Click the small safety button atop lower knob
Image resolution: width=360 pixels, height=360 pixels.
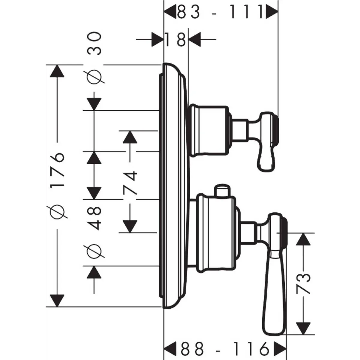221,191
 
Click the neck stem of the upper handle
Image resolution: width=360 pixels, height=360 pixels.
240,129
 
